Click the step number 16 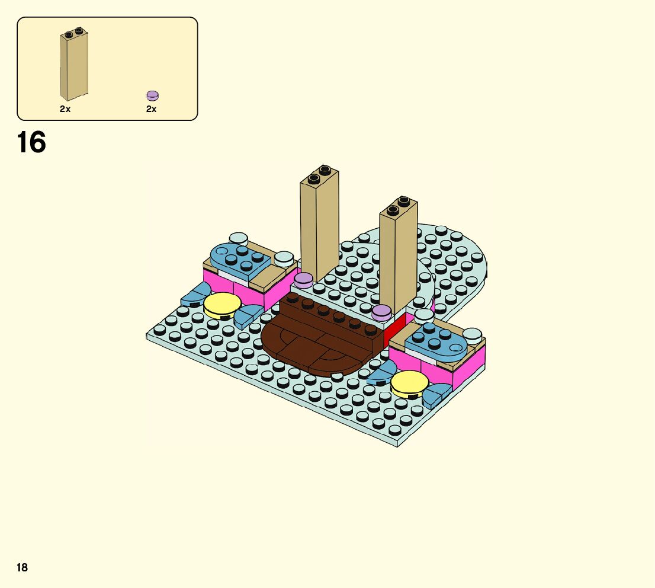[31, 142]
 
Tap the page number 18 [22, 567]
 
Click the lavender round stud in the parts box [152, 96]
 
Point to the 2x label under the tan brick [65, 108]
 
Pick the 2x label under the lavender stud [151, 108]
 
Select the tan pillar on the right [399, 254]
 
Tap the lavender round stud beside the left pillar [304, 280]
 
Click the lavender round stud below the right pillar [381, 312]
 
